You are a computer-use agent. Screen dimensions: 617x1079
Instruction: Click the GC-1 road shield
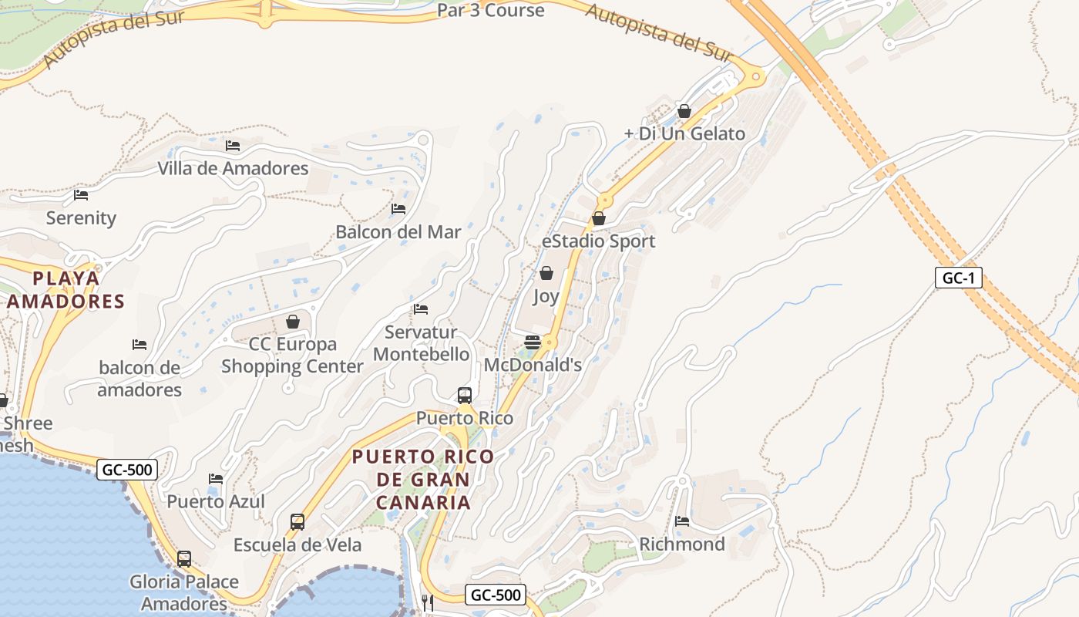click(x=959, y=278)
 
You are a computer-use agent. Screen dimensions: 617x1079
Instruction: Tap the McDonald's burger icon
click(x=533, y=342)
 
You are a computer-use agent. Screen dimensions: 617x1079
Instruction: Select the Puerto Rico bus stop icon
click(x=465, y=396)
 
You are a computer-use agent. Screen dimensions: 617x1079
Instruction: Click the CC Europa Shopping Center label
click(x=292, y=355)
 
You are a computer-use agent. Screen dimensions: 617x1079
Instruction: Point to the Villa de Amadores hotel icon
click(x=233, y=145)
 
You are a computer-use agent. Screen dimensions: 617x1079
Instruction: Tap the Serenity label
click(x=81, y=218)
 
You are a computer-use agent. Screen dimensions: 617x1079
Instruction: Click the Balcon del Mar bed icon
click(x=398, y=208)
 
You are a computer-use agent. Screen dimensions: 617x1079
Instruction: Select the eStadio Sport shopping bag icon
click(x=599, y=219)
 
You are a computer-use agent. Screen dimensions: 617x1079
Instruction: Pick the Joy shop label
click(x=546, y=296)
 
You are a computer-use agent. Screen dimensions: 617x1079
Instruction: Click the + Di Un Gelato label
click(x=684, y=133)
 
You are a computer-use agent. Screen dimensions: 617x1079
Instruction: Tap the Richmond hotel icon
click(x=682, y=521)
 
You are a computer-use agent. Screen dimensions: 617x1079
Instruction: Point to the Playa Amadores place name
click(x=66, y=289)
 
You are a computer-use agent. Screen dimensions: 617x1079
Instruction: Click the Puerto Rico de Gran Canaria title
click(x=423, y=479)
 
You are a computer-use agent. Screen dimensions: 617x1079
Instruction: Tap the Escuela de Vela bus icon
click(x=297, y=522)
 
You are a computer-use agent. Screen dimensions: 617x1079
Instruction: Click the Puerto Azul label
click(x=216, y=501)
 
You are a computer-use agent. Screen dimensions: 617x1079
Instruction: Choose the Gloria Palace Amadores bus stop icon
click(x=184, y=559)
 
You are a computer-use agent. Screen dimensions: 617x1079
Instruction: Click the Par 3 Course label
click(x=490, y=10)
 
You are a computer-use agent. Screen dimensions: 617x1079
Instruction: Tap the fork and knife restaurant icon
click(x=427, y=602)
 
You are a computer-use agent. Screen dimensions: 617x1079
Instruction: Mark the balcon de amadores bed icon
click(x=139, y=344)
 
